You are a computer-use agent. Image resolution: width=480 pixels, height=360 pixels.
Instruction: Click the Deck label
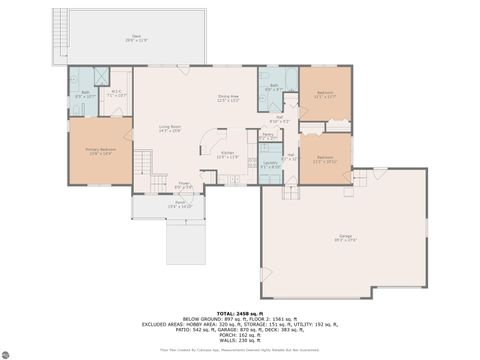pos(135,39)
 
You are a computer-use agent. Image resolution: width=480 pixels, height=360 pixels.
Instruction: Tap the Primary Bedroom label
pos(99,151)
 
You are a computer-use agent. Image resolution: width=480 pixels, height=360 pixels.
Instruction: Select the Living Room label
pos(169,128)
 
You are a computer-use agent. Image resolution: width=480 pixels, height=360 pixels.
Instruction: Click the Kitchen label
pos(227,155)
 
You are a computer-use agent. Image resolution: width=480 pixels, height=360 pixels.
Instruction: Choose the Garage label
pos(344,237)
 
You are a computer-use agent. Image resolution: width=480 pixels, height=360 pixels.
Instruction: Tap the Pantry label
pos(268,135)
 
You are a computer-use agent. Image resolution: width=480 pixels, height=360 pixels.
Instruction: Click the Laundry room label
pos(270,163)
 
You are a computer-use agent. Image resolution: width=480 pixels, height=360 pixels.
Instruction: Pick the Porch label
pos(181,204)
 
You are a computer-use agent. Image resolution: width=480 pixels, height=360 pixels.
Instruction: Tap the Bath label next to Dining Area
pos(273,87)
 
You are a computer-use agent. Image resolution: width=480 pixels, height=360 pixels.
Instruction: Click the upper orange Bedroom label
pos(325,94)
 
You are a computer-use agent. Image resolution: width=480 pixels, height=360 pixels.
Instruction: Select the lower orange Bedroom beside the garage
pos(325,158)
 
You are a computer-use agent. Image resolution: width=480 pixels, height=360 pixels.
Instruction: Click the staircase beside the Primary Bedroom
pos(144,160)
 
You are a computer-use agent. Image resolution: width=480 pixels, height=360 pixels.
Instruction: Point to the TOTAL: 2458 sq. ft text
pos(239,314)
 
